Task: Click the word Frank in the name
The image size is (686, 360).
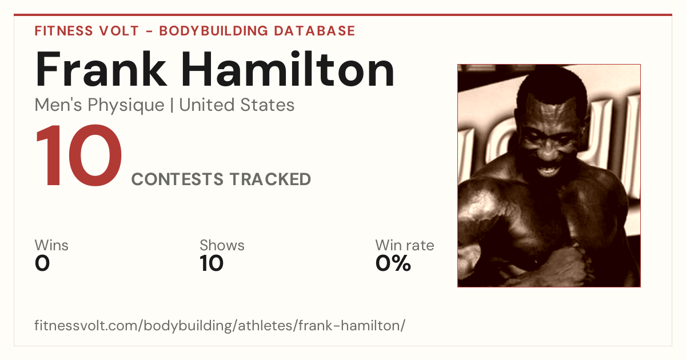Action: (101, 69)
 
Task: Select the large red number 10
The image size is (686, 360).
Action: (79, 155)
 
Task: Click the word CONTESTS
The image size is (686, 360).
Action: (177, 179)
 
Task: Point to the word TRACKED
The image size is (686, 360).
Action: (270, 179)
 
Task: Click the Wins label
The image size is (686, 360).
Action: (51, 245)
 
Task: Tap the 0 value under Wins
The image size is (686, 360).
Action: (42, 263)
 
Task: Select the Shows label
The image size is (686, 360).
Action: (222, 245)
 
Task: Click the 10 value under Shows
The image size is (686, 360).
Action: (212, 263)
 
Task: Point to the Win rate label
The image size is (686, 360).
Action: (405, 245)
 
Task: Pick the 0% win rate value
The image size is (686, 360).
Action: (393, 263)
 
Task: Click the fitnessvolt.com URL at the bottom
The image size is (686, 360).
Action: (220, 325)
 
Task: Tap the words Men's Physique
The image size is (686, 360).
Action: (99, 105)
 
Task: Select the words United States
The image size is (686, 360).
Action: (237, 105)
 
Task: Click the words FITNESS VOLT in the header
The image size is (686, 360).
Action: (87, 31)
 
